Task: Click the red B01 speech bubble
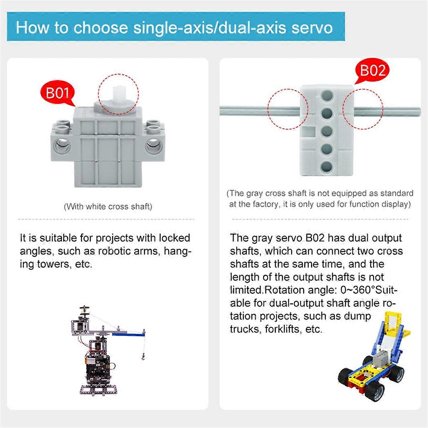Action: click(x=57, y=93)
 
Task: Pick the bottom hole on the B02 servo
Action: click(x=326, y=166)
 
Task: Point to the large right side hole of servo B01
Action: click(x=154, y=146)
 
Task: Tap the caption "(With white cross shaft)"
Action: click(x=108, y=207)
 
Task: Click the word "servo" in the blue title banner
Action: click(x=312, y=27)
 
